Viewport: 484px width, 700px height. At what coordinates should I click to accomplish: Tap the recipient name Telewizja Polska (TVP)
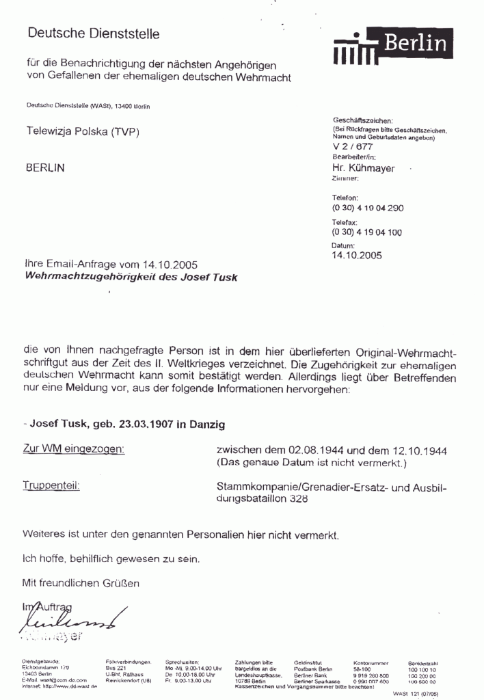82,131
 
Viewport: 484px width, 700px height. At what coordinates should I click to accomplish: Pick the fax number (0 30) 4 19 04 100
367,232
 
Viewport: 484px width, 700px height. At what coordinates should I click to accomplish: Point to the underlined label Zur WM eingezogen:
74,448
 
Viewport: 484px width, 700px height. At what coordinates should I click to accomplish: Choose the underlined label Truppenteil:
51,486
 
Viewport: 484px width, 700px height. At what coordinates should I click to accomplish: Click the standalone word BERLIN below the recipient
46,167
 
